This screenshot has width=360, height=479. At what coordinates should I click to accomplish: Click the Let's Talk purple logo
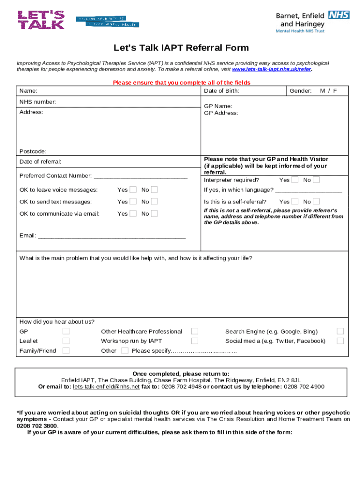pos(41,20)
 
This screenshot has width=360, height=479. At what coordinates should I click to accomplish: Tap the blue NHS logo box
pos(339,15)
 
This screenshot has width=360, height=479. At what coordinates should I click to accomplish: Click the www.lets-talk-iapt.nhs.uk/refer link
pos(271,69)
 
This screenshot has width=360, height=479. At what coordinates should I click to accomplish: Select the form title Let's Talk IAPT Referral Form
pos(181,48)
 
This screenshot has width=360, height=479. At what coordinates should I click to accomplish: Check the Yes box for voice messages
pos(133,189)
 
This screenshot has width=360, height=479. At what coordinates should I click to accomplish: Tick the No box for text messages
pos(155,202)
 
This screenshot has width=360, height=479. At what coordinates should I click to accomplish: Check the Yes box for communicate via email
pos(133,213)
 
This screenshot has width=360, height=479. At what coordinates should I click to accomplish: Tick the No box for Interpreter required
pos(317,180)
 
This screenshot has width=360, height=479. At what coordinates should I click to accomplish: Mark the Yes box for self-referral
pos(295,202)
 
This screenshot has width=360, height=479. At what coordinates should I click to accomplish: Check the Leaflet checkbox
pos(66,341)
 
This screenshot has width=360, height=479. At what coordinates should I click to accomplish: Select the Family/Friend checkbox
pos(66,351)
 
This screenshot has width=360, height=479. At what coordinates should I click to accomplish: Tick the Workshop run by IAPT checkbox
pos(194,341)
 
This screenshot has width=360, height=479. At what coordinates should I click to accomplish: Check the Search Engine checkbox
pos(340,331)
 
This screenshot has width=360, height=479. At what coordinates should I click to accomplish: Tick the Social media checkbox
pos(340,341)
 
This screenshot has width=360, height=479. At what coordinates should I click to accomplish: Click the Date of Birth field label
pos(222,91)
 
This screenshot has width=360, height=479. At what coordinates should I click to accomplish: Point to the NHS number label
pos(38,102)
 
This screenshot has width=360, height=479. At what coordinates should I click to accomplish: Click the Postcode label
pos(33,152)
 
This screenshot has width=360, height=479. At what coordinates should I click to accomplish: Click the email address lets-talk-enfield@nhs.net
pos(106,387)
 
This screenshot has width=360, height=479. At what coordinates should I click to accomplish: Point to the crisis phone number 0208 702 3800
pos(36,426)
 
